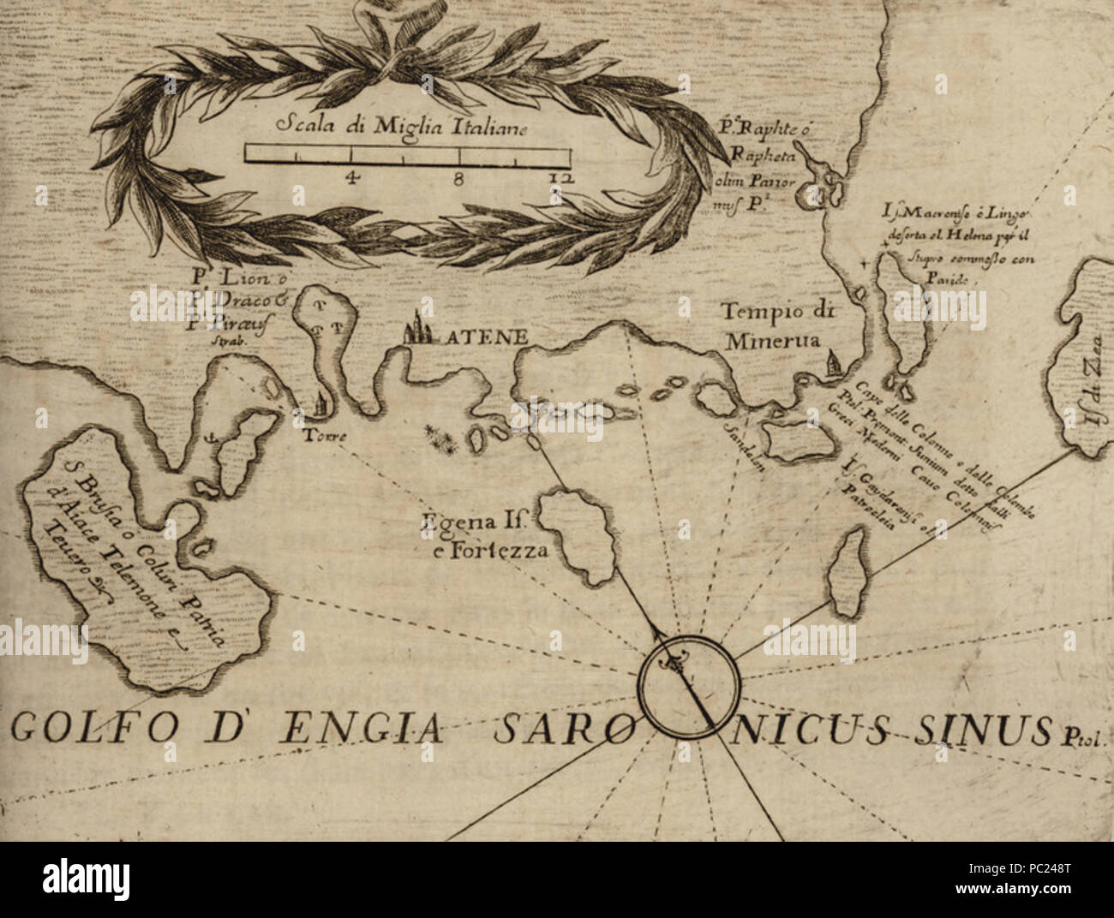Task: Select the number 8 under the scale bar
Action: [x=461, y=178]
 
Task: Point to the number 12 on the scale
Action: [x=562, y=178]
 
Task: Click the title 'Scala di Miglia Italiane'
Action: [x=404, y=127]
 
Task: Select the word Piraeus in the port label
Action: [x=225, y=323]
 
